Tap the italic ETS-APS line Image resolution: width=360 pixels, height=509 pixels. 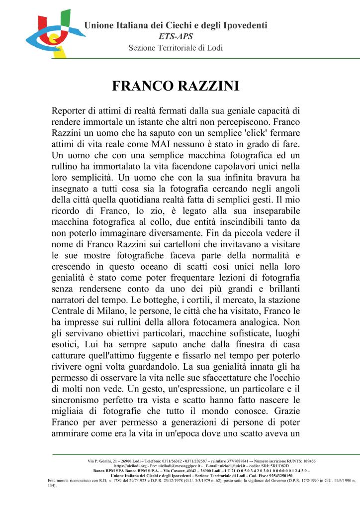click(176, 36)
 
